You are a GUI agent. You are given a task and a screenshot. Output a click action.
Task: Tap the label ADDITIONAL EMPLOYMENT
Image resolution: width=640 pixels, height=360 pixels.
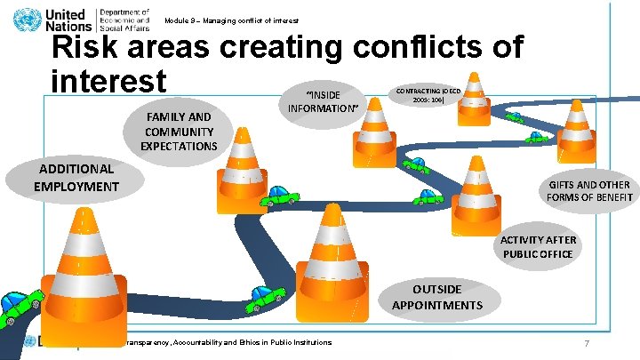coord(76,177)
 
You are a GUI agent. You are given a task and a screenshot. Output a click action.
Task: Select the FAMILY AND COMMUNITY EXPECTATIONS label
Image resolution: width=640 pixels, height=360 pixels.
coord(179,132)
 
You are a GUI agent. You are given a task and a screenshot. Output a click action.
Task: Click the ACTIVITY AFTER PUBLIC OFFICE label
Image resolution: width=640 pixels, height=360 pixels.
coord(539,247)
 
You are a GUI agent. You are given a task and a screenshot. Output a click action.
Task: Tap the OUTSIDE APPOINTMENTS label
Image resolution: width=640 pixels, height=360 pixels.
coord(436,298)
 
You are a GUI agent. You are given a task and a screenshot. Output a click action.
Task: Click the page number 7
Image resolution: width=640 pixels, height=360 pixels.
coord(587,343)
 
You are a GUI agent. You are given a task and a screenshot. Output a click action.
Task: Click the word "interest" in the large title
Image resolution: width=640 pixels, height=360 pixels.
coord(108,81)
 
